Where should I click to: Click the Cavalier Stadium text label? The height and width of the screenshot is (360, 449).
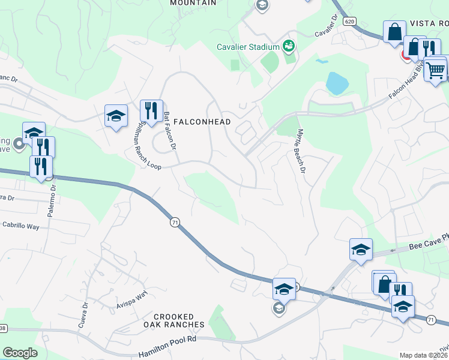click(x=249, y=47)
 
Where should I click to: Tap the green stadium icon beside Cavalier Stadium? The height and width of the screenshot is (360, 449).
click(x=288, y=46)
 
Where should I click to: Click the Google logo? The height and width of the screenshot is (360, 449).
click(x=20, y=353)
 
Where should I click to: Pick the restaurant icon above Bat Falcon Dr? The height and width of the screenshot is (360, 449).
click(x=150, y=111)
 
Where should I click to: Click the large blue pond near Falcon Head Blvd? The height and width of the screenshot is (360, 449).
click(x=337, y=83)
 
